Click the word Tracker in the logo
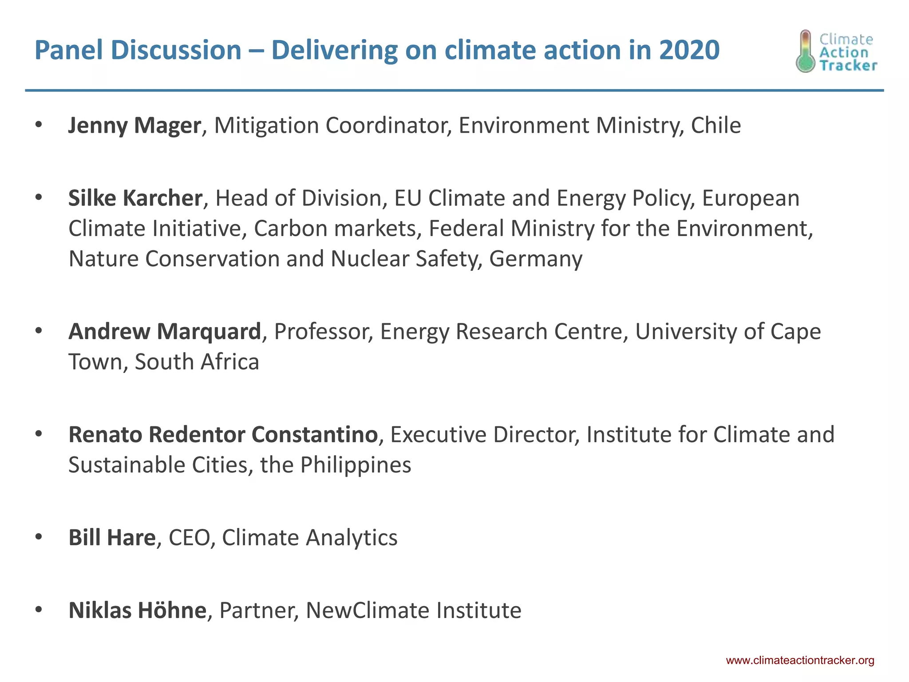[x=848, y=66]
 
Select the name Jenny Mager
[x=134, y=126]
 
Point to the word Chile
[x=716, y=126]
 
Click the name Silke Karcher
[x=135, y=198]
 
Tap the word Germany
[x=536, y=259]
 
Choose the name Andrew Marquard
[x=165, y=332]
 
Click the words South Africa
[x=197, y=362]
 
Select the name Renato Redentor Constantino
[x=223, y=435]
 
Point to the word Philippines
[x=356, y=465]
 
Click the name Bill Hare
[x=112, y=538]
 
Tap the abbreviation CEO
[x=189, y=538]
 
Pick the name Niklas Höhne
[x=137, y=611]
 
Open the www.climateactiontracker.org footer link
[x=800, y=661]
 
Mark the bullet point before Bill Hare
[x=39, y=537]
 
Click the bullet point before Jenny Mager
[x=39, y=125]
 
